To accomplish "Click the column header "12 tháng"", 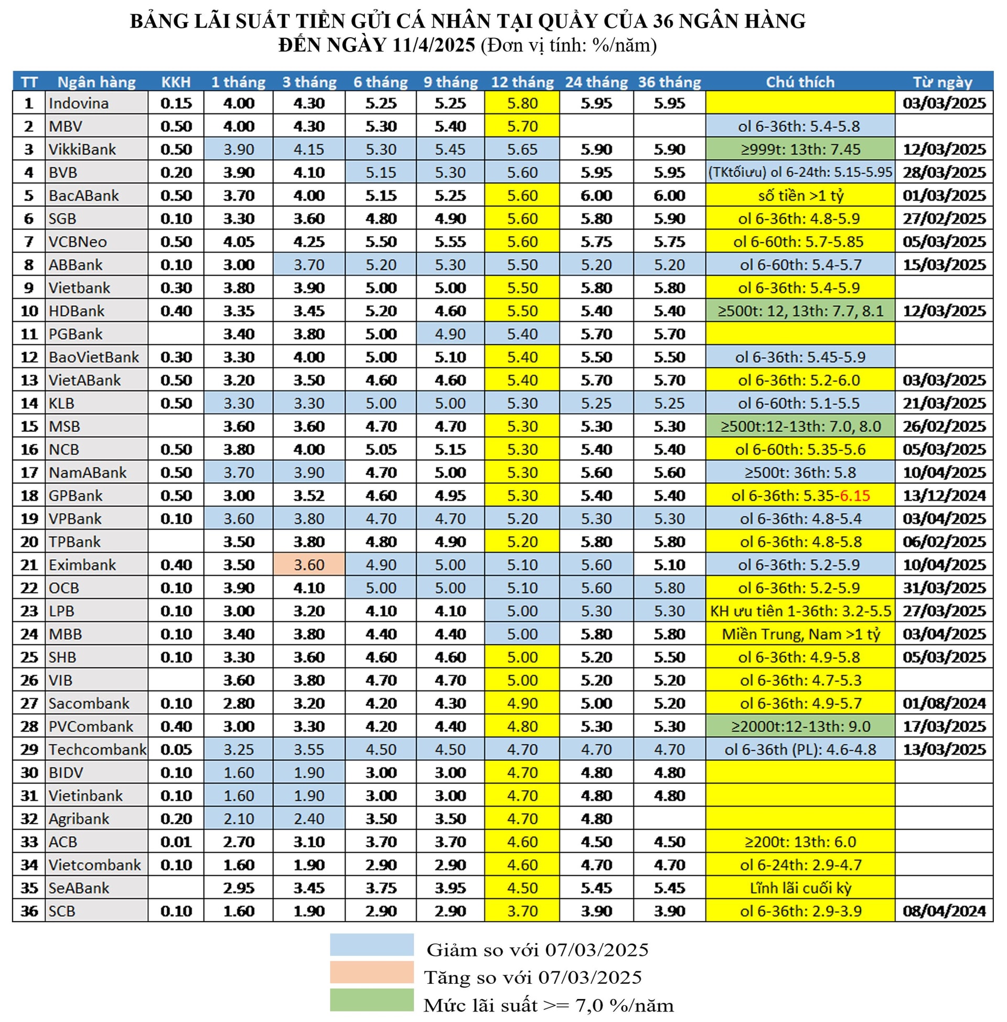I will tap(522, 82).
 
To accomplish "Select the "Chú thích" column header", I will tap(800, 82).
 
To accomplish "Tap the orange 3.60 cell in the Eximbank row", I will tap(309, 565).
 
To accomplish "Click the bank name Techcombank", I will tap(98, 750).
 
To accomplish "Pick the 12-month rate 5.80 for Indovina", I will tap(522, 103).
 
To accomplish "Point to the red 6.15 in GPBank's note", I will tap(855, 496).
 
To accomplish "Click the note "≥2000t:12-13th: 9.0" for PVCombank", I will tap(800, 726).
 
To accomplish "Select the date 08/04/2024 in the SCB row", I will tap(944, 911).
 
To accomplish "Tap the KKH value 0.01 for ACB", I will tap(176, 842).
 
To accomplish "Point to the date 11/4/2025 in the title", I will tap(434, 46).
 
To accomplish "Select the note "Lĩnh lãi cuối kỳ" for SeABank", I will tap(800, 888).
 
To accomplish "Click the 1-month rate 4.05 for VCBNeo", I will tap(239, 242).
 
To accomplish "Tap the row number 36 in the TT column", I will tap(29, 911).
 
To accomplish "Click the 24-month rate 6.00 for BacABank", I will tap(596, 196).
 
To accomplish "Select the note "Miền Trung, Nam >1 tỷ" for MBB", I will tap(800, 634).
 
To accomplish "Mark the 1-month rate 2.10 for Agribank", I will tap(239, 819).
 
